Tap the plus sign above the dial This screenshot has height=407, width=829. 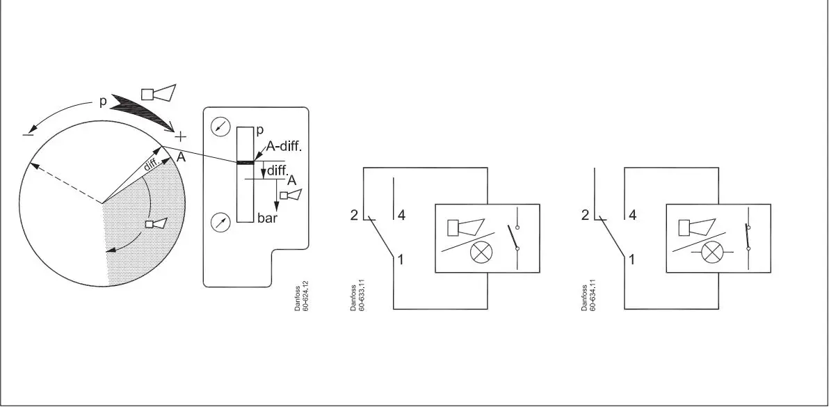pyautogui.click(x=180, y=136)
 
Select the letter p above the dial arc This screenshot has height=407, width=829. pyautogui.click(x=102, y=102)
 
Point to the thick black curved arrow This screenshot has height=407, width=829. pyautogui.click(x=143, y=110)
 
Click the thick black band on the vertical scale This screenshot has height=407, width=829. pyautogui.click(x=245, y=162)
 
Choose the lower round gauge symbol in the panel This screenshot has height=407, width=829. pyautogui.click(x=220, y=223)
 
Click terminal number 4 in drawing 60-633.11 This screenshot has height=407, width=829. pyautogui.click(x=401, y=215)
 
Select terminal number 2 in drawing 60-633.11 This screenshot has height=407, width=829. pyautogui.click(x=354, y=215)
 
